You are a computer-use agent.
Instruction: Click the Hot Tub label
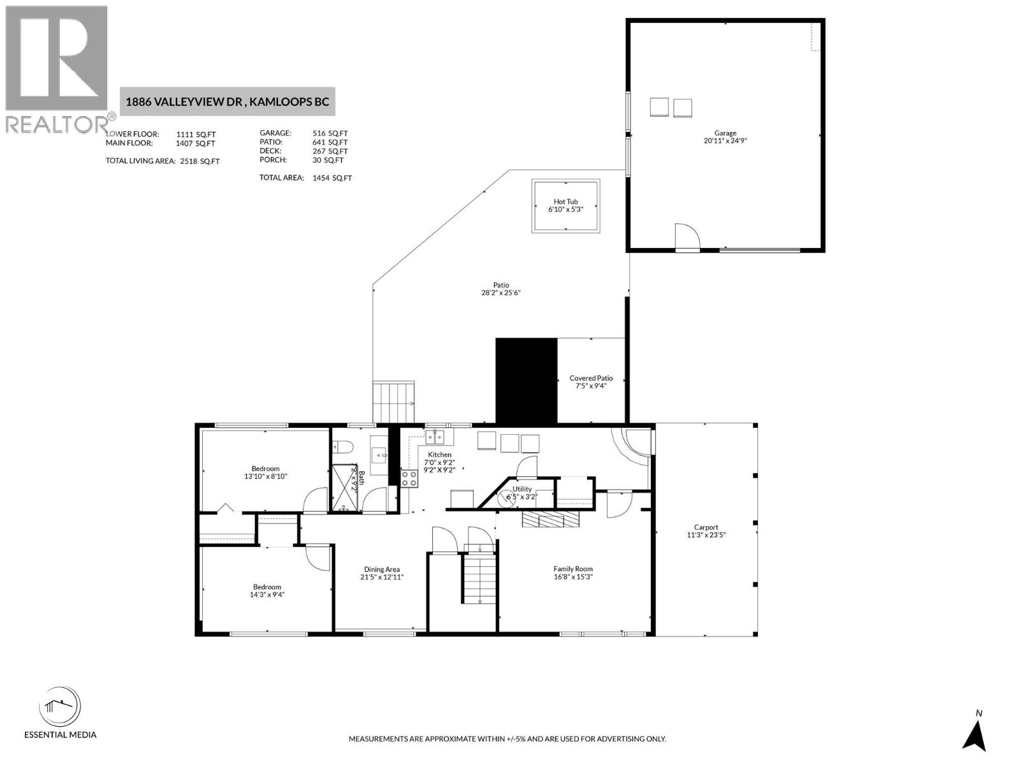[x=565, y=201]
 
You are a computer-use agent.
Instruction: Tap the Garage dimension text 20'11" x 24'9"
[x=725, y=141]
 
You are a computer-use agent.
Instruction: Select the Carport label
[x=706, y=527]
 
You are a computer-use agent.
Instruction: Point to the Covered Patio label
[x=590, y=378]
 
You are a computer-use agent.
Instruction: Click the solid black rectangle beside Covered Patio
[x=526, y=381]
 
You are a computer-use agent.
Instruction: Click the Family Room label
[x=572, y=569]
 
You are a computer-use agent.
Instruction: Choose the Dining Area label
[x=382, y=569]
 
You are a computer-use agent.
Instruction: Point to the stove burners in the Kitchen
[x=409, y=479]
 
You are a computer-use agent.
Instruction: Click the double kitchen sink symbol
[x=435, y=437]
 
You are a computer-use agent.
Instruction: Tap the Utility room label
[x=521, y=489]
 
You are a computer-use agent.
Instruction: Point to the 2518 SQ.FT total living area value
[x=200, y=161]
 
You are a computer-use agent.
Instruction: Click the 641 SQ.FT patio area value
[x=330, y=142]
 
